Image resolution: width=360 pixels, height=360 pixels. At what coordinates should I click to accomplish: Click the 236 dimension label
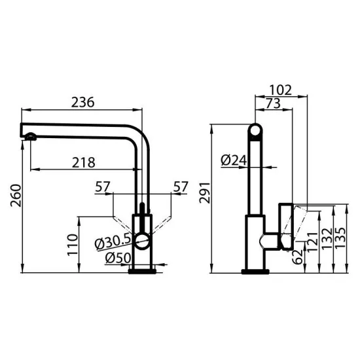coord(82,101)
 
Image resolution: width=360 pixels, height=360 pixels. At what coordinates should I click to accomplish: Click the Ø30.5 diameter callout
coord(113,241)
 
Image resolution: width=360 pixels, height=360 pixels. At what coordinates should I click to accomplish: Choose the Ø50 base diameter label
coord(118,257)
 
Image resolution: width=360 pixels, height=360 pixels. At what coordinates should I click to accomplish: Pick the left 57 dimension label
coord(103,187)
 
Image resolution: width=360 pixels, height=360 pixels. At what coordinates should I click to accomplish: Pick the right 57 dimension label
coord(181,187)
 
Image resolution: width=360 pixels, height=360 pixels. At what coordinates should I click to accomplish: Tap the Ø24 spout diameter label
coord(233,159)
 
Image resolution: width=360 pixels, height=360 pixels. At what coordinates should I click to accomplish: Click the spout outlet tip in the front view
coord(29,136)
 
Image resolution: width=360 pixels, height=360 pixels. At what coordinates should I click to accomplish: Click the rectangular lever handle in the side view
coord(286,226)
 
